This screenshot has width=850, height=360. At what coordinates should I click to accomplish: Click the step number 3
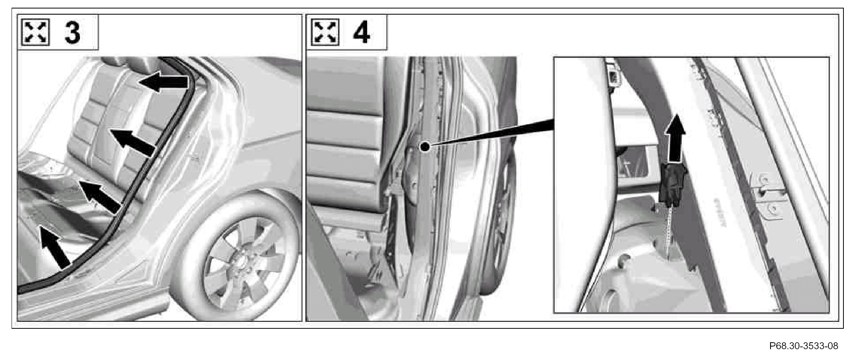73,32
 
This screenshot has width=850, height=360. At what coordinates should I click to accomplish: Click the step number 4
361,32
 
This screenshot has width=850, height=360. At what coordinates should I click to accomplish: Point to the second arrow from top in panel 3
132,142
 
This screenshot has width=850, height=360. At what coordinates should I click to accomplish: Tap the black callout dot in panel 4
425,147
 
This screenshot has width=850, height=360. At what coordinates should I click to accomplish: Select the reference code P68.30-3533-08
804,346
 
